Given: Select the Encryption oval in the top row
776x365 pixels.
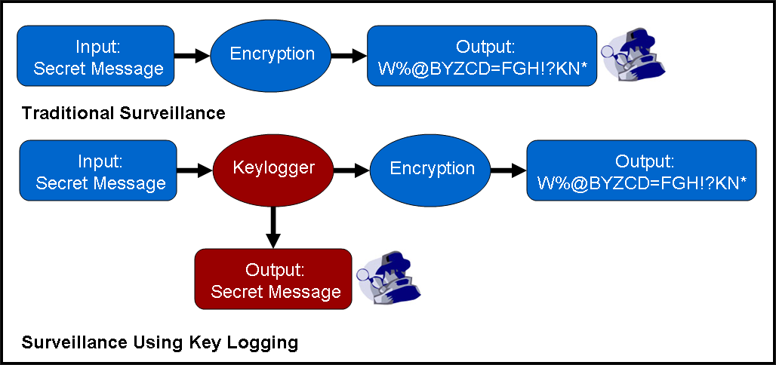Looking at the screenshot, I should (x=273, y=55).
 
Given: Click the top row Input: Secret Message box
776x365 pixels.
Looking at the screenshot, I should (x=96, y=56).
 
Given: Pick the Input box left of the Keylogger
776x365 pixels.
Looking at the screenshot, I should (x=98, y=170).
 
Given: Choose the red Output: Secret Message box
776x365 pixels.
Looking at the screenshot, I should (x=273, y=279).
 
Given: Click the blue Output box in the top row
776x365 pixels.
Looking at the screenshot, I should (x=482, y=56).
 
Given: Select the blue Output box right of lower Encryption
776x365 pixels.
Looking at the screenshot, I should (x=642, y=170).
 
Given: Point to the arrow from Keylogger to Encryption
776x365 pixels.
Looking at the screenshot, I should (x=350, y=172).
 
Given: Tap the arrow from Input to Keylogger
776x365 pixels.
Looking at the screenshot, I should (x=195, y=172).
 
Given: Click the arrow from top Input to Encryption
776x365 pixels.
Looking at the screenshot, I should (x=191, y=55).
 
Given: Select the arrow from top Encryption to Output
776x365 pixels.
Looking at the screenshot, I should (x=349, y=55).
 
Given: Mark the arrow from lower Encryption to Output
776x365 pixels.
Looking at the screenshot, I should (x=509, y=172).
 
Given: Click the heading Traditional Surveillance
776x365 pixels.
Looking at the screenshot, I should (x=124, y=113).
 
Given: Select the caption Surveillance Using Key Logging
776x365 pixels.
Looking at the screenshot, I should (x=160, y=343).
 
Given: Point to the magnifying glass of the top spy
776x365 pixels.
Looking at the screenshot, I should (x=609, y=51).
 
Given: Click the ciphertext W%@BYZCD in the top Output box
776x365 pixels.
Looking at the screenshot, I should (x=482, y=69).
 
